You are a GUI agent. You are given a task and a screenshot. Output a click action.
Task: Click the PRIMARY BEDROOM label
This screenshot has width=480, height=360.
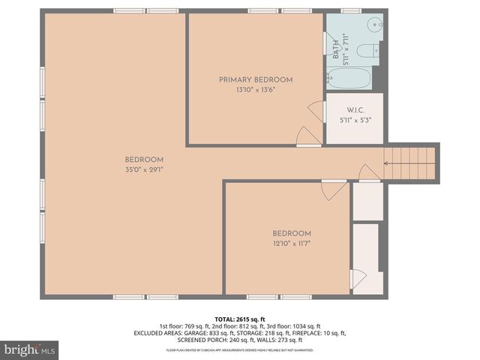pos(255,79)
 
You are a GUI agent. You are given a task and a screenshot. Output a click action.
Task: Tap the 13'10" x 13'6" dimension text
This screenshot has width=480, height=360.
pos(255,89)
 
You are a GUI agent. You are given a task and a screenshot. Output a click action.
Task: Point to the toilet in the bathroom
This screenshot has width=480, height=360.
pos(367,52)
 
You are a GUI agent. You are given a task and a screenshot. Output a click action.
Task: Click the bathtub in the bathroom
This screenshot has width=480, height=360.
pos(349,78)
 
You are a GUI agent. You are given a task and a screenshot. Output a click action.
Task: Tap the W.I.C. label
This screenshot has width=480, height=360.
pos(355,109)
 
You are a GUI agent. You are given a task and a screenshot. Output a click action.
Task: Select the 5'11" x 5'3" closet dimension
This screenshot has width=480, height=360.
pos(355,119)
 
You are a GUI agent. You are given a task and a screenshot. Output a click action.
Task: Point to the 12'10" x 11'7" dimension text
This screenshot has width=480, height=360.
pos(291,243)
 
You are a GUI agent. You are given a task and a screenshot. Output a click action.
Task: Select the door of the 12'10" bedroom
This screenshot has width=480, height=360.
pos(335,190)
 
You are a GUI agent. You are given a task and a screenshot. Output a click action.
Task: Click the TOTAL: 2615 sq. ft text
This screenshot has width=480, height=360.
pos(240,319)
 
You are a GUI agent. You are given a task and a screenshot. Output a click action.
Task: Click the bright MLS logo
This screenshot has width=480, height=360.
pos(30,349)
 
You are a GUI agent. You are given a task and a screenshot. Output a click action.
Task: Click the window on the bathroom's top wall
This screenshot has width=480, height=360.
pos(350,11)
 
